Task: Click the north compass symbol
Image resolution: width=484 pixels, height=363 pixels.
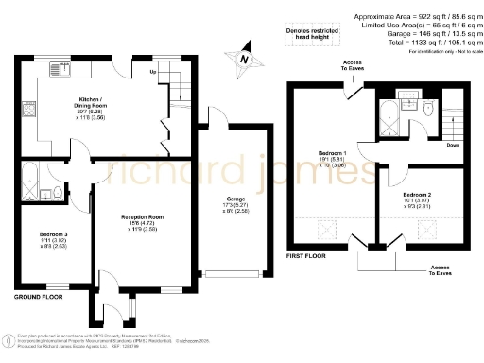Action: click(246, 56)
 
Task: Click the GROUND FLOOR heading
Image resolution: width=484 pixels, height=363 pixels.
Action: click(38, 296)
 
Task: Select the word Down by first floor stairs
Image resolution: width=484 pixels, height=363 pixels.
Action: click(453, 145)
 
